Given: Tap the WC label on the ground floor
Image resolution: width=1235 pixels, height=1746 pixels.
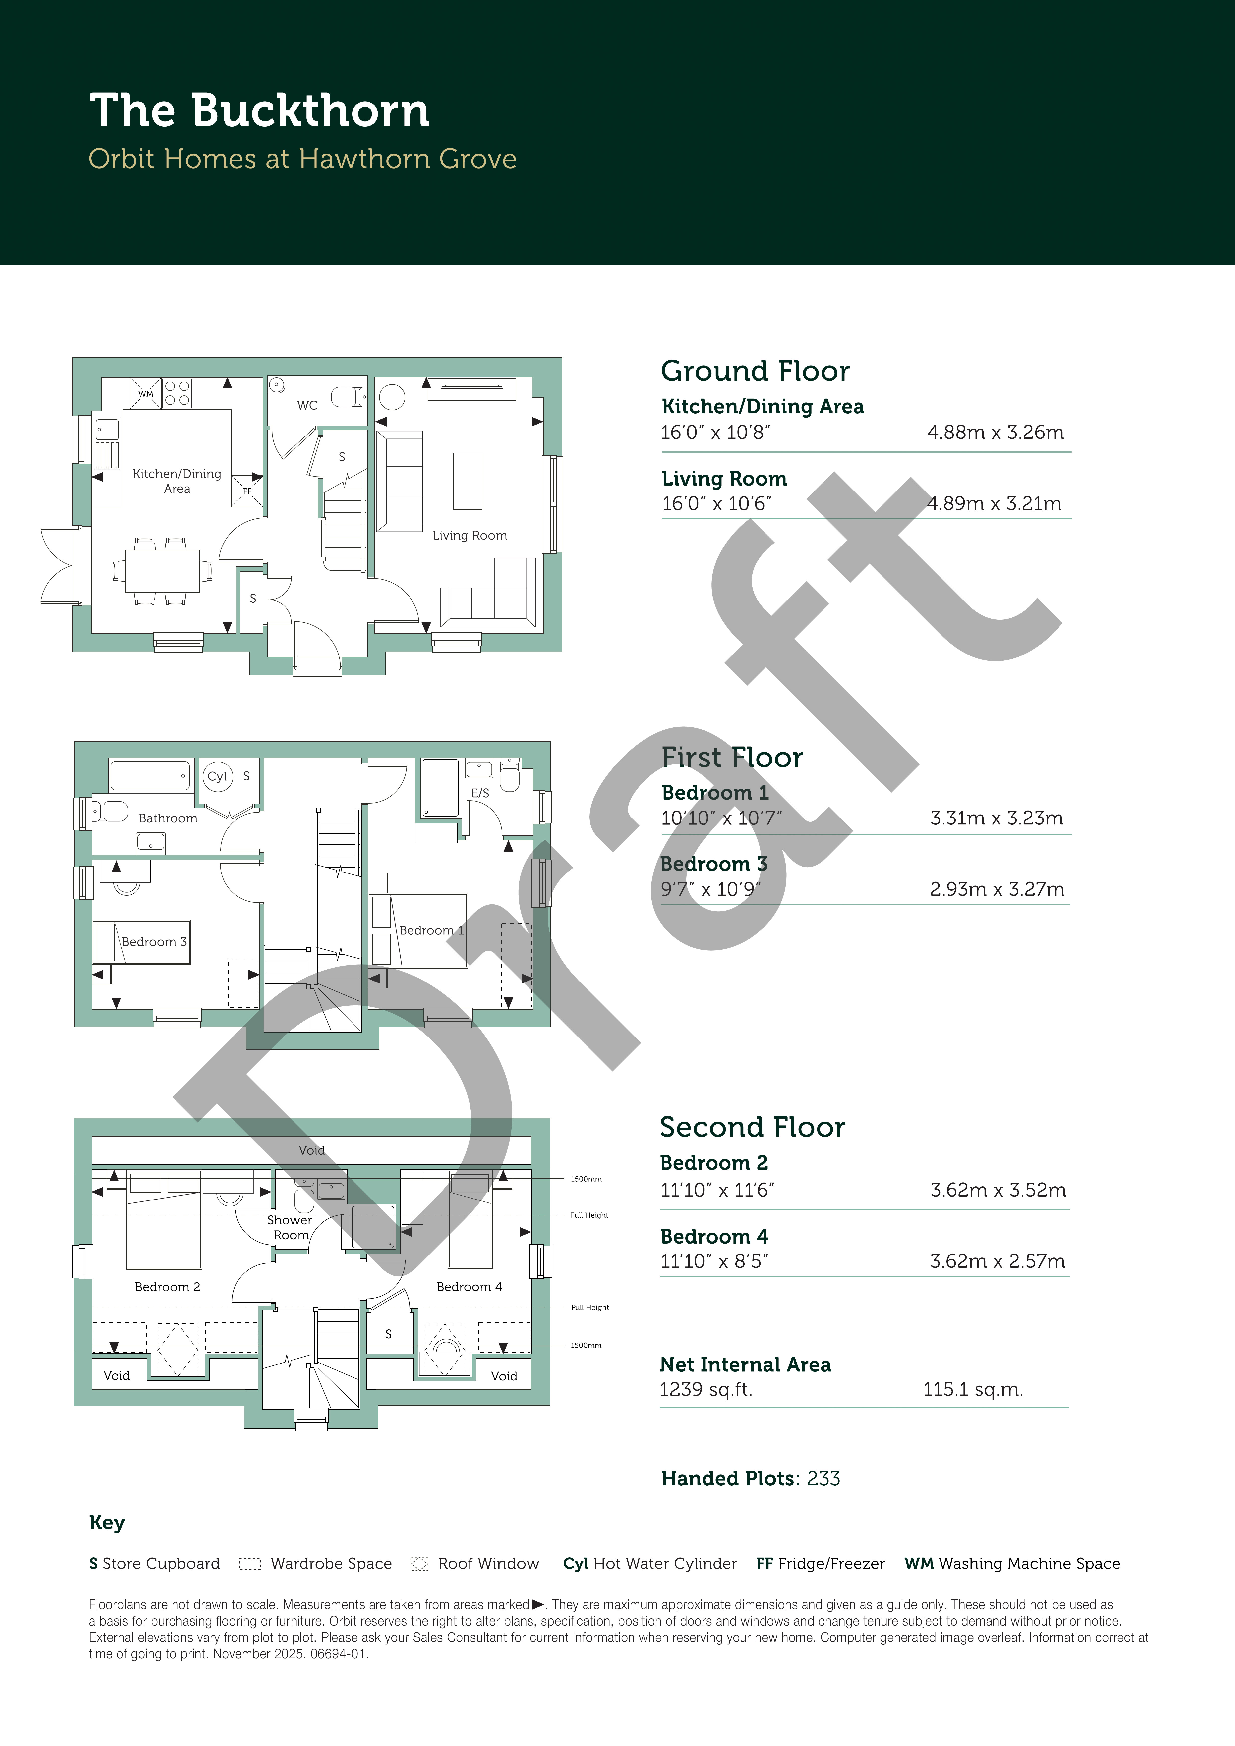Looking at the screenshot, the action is [307, 405].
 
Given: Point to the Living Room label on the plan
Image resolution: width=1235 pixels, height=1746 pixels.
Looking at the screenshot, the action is [470, 535].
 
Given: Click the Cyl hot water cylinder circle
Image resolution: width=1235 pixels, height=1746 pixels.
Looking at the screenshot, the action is [218, 776].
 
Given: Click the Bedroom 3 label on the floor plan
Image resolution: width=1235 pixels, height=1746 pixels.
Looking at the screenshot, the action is [155, 941].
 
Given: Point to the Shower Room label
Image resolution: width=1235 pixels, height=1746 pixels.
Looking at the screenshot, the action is [290, 1227].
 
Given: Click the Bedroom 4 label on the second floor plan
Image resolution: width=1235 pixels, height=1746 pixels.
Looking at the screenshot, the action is [470, 1287].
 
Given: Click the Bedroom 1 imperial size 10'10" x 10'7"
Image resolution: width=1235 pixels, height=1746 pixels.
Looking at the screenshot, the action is [721, 818].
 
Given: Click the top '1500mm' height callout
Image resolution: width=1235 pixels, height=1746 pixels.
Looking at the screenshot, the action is [586, 1179].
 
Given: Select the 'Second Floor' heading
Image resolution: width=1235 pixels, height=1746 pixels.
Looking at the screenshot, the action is [753, 1127].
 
